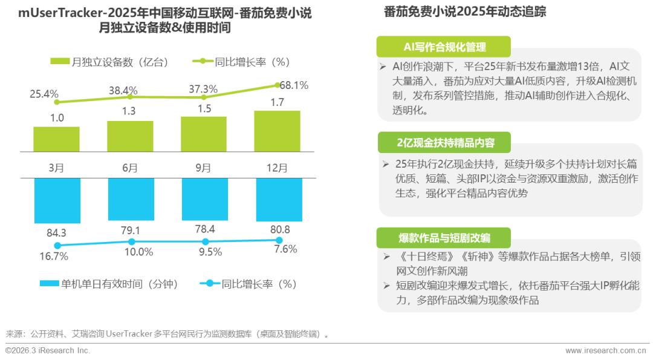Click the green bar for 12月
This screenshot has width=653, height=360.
[x=278, y=131]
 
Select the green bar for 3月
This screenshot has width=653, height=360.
[x=56, y=139]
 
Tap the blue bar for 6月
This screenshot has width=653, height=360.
[x=130, y=199]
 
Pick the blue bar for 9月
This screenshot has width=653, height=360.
[x=204, y=199]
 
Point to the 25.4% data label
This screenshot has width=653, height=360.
[x=44, y=94]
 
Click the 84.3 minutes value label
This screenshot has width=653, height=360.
[x=56, y=232]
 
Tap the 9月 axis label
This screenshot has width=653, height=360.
[x=204, y=168]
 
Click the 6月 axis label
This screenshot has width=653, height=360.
[x=130, y=168]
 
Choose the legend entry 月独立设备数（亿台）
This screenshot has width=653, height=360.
[x=109, y=62]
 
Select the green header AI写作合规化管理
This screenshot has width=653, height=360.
[x=444, y=47]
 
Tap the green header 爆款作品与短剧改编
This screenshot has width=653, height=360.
[x=444, y=237]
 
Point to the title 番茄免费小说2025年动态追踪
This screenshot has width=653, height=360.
[x=465, y=11]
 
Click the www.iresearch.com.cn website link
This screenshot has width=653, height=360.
[x=605, y=351]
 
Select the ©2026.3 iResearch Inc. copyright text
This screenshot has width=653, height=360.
[x=48, y=351]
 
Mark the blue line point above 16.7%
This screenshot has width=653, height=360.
[x=57, y=246]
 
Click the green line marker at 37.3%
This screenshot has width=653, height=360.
[x=204, y=97]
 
